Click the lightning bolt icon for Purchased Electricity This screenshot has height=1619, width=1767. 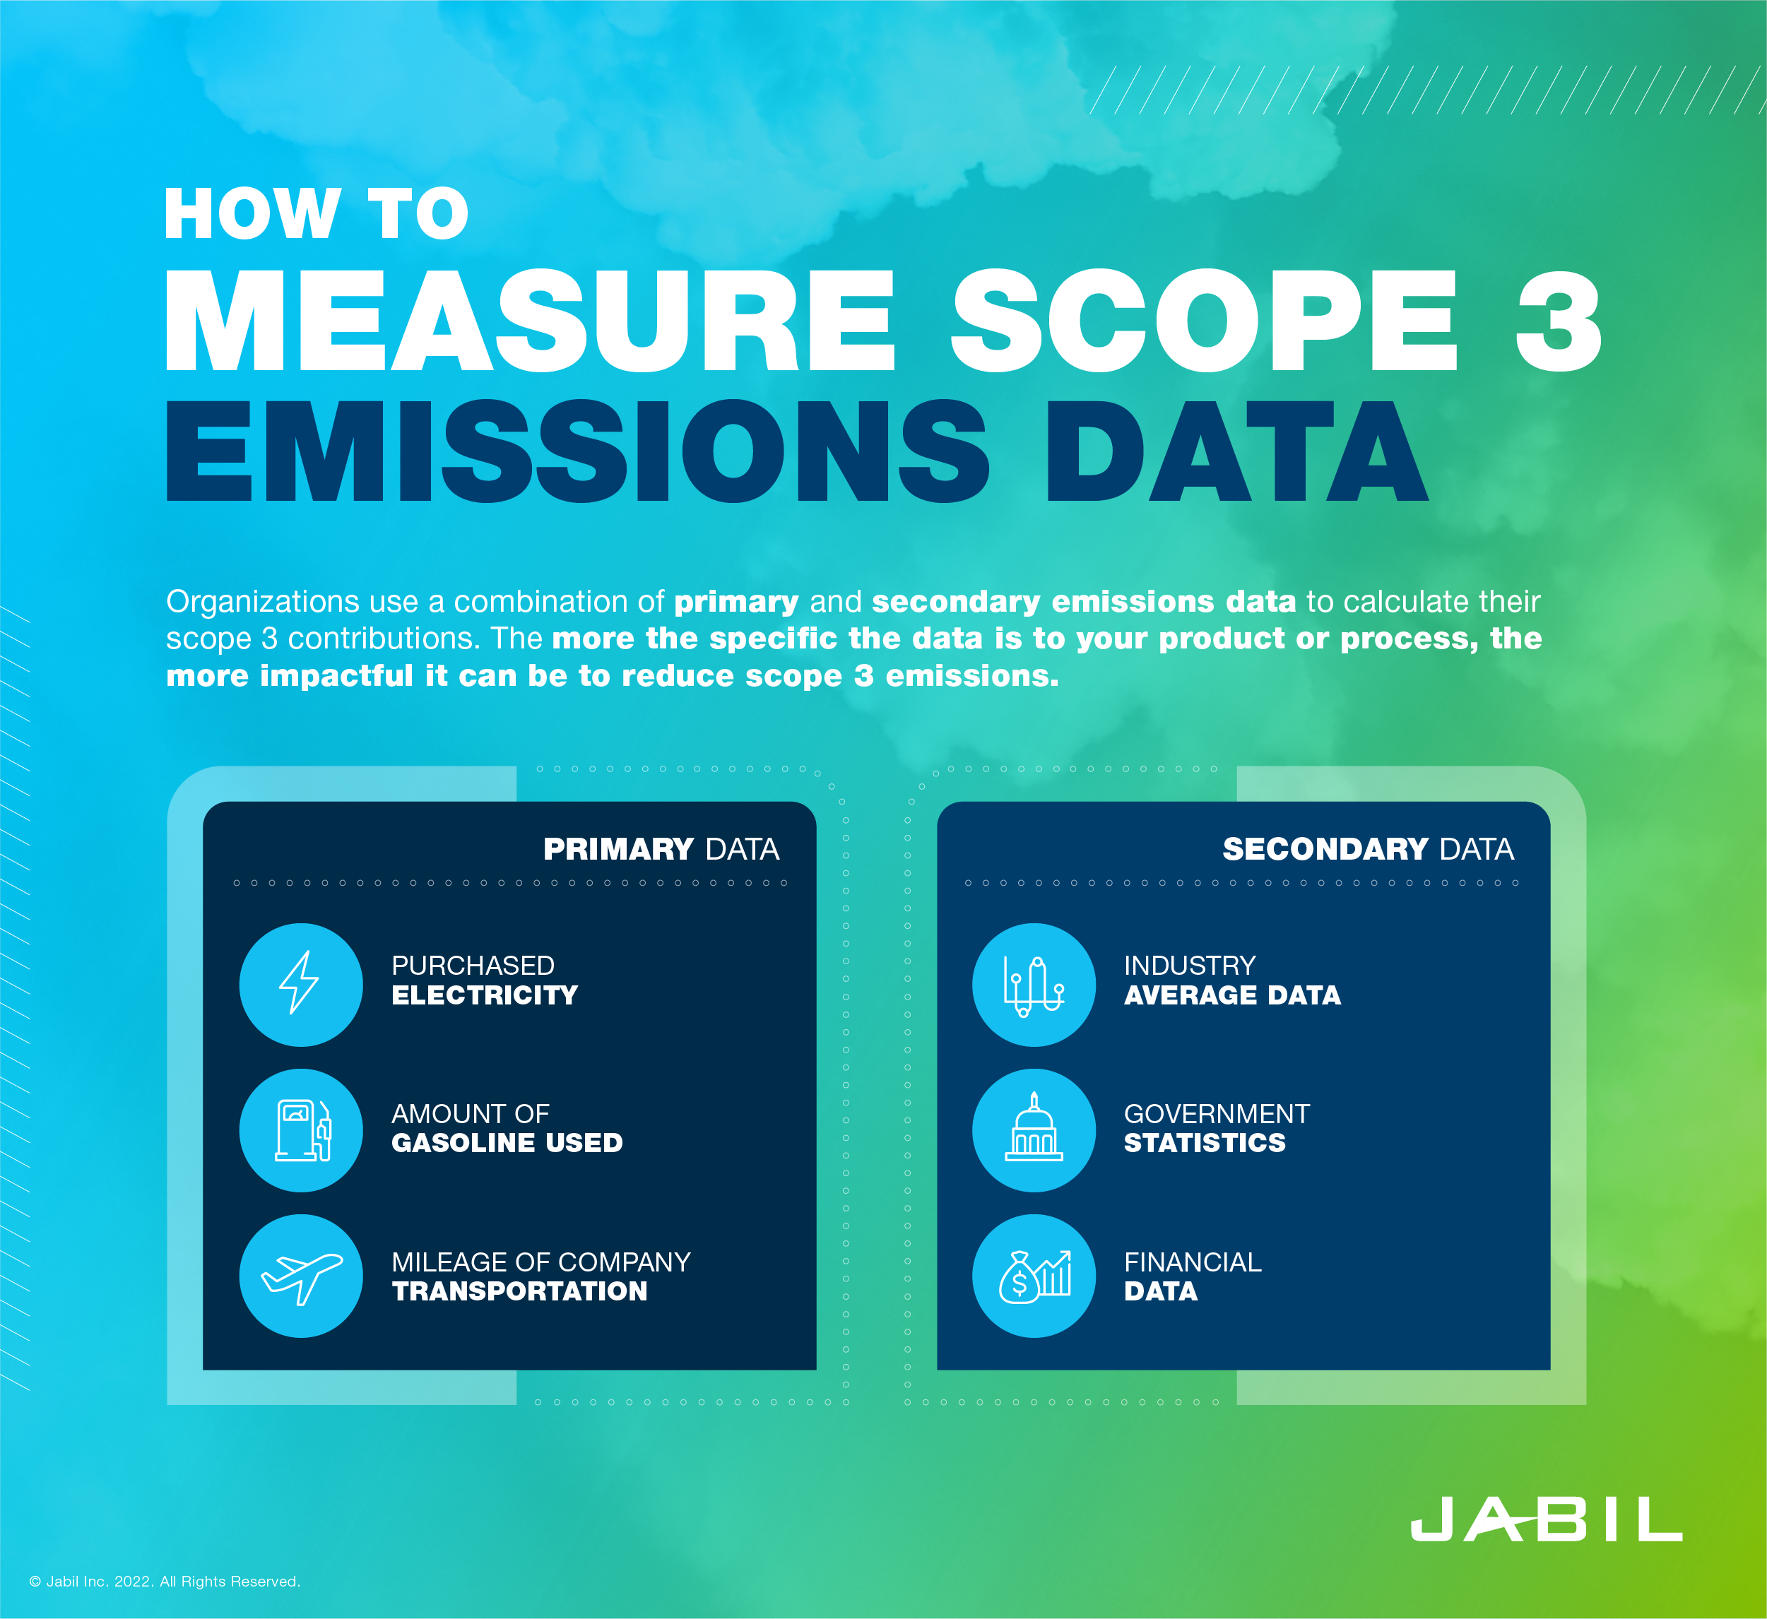point(300,984)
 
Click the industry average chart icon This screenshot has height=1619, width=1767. point(1034,984)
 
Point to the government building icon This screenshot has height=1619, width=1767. point(1034,1130)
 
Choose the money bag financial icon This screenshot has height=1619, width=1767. point(1034,1276)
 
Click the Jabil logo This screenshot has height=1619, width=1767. point(1545,1518)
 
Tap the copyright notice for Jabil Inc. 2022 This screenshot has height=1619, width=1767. point(165,1582)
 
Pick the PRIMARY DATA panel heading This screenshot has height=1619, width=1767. point(661,849)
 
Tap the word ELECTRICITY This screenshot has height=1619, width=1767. point(484,995)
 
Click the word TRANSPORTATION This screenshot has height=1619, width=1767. point(519,1291)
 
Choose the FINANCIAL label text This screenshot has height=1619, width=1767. point(1192,1262)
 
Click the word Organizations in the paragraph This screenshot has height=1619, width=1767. point(262,602)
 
